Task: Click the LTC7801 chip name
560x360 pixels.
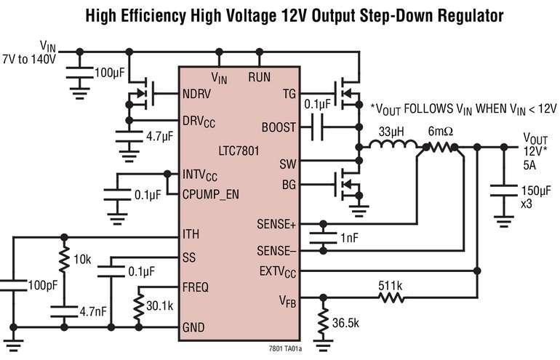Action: [239, 151]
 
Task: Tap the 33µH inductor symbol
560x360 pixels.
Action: [393, 144]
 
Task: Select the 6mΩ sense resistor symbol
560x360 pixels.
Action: [440, 147]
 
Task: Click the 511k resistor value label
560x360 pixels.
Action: [390, 286]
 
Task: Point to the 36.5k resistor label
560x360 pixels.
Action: [345, 322]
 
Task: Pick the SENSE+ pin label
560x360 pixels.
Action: [276, 224]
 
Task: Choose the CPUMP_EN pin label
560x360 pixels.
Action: [210, 195]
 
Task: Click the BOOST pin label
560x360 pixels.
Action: [279, 127]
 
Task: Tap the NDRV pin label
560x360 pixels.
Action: [196, 94]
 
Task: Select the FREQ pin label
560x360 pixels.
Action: [195, 287]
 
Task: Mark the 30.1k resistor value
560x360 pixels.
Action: [160, 305]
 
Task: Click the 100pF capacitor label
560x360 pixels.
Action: [43, 285]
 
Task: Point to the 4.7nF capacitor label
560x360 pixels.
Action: [93, 311]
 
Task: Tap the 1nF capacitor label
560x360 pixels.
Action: [349, 238]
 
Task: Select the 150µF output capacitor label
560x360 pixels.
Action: [536, 191]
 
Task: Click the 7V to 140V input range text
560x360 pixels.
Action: [29, 59]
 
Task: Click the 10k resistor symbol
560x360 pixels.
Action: [64, 259]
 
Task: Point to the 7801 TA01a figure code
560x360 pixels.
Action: [286, 348]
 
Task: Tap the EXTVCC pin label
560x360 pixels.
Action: [278, 272]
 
